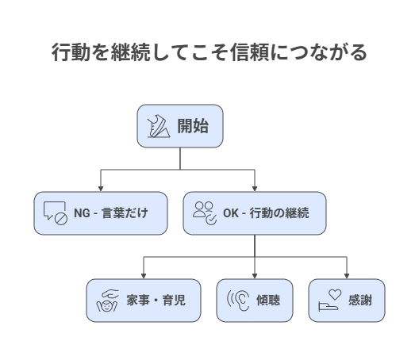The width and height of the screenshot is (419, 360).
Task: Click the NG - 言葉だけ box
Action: (100, 213)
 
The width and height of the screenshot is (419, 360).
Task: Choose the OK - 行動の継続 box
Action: (254, 213)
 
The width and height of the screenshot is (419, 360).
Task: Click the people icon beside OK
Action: (205, 213)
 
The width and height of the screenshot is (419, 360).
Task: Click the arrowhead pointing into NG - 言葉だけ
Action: (101, 187)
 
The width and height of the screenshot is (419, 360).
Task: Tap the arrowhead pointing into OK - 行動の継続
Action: (254, 187)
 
